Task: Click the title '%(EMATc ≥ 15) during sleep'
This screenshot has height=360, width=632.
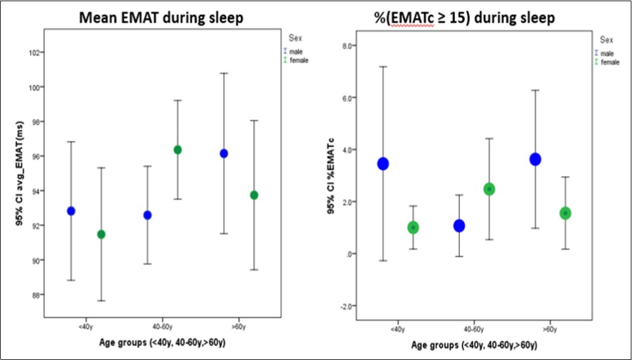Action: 469,18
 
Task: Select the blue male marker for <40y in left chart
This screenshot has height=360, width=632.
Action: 71,211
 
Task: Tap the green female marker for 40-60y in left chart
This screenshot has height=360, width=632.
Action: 177,149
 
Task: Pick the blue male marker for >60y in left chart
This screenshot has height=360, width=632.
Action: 224,153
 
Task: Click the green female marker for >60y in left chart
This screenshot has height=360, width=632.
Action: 254,195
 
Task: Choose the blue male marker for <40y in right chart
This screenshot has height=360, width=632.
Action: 383,163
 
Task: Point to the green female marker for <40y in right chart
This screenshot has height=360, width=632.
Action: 413,227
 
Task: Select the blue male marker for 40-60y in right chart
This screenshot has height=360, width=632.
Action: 459,226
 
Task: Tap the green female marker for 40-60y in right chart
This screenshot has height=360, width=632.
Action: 489,189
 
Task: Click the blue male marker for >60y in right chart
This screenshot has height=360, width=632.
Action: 535,159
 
